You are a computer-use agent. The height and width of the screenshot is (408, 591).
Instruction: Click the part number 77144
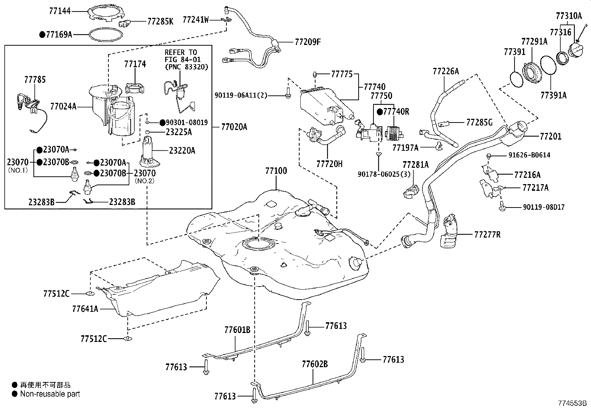point(59,12)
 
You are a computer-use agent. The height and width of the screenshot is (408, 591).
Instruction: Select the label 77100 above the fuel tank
point(276,171)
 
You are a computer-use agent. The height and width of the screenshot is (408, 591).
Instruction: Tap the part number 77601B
point(237,330)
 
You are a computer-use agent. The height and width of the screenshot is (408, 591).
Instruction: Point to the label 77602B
point(314,364)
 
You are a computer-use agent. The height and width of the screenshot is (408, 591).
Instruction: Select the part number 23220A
point(182,150)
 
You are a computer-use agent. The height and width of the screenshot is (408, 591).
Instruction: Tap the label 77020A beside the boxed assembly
point(234,127)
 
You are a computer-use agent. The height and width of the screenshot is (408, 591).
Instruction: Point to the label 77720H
point(329,163)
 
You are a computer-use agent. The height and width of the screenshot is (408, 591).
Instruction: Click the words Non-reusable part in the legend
point(50,394)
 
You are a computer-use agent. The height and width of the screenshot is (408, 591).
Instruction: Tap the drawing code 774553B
point(572,403)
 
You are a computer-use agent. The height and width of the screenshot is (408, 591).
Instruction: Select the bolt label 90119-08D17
point(544,207)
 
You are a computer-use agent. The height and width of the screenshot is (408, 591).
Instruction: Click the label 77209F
point(308,42)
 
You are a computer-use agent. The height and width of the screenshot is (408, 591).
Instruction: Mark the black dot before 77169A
point(42,35)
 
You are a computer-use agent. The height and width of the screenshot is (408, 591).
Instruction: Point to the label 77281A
point(415,164)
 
